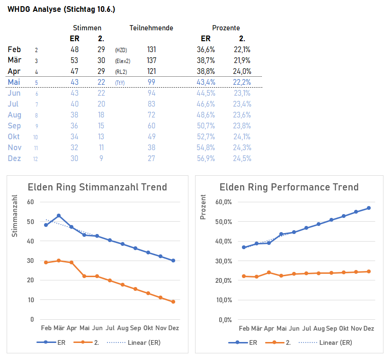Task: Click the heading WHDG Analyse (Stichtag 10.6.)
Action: pos(61,9)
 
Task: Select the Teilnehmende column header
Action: pos(151,28)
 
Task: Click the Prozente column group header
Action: pos(225,28)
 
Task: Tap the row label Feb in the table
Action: pos(15,49)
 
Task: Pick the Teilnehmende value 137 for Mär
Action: pos(151,60)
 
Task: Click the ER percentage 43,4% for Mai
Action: pos(206,82)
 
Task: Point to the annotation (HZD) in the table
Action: pos(121,50)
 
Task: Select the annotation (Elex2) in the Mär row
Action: pos(122,61)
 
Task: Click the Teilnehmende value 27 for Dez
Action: pos(151,158)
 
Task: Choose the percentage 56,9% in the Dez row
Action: pos(206,158)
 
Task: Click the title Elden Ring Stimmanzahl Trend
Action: pos(97,187)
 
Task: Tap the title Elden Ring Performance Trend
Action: pos(289,187)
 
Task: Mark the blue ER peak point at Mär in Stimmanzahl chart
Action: pos(59,216)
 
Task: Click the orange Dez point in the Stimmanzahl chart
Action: pos(173,302)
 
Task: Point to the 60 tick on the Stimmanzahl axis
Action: pos(31,202)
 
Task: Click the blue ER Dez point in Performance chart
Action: pos(369,208)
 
